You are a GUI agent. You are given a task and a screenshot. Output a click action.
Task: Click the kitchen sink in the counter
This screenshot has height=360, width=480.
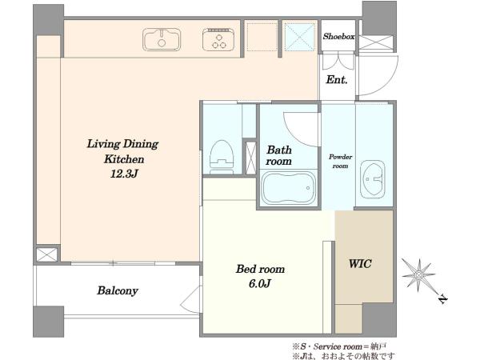tap(162, 39)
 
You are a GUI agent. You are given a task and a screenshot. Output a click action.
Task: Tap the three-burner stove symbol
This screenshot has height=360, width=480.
tap(218, 39)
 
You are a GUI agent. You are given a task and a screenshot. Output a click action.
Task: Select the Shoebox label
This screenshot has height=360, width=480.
tap(338, 37)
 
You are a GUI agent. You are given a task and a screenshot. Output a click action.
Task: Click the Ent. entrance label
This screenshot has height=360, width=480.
tap(337, 80)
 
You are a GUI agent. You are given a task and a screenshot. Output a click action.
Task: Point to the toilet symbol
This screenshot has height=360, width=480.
tap(222, 158)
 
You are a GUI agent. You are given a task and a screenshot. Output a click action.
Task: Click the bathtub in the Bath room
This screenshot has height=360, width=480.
tap(288, 188)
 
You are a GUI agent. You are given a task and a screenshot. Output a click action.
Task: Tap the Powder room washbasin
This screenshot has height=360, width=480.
tap(372, 179)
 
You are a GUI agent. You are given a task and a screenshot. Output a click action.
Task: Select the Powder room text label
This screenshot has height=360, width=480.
tap(340, 162)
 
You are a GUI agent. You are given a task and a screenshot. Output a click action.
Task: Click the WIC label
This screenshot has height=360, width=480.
tap(360, 263)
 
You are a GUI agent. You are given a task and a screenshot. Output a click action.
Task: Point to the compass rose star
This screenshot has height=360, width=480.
tap(418, 274)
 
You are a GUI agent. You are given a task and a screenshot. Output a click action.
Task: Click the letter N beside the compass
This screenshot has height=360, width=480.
tap(442, 298)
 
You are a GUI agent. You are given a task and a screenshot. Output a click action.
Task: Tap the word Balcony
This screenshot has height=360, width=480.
tap(118, 290)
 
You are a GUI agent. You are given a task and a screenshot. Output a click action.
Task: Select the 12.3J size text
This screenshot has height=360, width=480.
tap(124, 174)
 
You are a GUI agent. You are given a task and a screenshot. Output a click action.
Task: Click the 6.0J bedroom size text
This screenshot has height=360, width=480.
tap(259, 284)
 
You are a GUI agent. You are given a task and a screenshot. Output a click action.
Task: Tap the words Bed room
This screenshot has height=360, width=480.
tap(260, 269)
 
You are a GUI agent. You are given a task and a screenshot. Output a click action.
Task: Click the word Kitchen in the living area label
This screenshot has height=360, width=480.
tap(124, 159)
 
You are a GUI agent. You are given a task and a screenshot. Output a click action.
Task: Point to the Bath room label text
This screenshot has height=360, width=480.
tap(278, 155)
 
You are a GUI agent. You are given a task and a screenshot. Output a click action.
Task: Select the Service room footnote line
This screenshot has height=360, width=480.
tap(339, 346)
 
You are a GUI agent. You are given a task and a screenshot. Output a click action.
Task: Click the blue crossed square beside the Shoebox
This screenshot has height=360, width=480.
tap(300, 37)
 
